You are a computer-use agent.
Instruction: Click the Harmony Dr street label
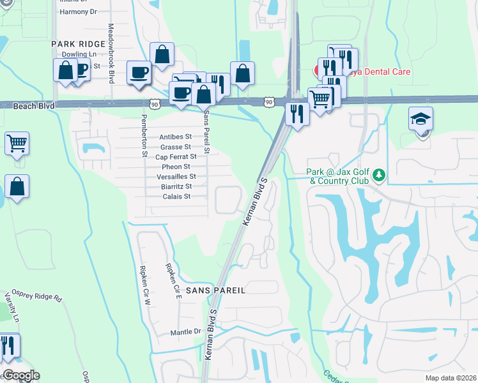click(75, 11)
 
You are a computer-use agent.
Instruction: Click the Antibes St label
click(175, 137)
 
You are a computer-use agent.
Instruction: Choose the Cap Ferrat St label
click(175, 156)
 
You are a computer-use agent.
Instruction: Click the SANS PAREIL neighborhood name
click(215, 290)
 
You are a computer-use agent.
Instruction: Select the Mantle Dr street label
click(185, 333)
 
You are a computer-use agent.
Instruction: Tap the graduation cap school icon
click(422, 120)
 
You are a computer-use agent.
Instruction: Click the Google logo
click(20, 375)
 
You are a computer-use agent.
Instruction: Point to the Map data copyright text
click(451, 378)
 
